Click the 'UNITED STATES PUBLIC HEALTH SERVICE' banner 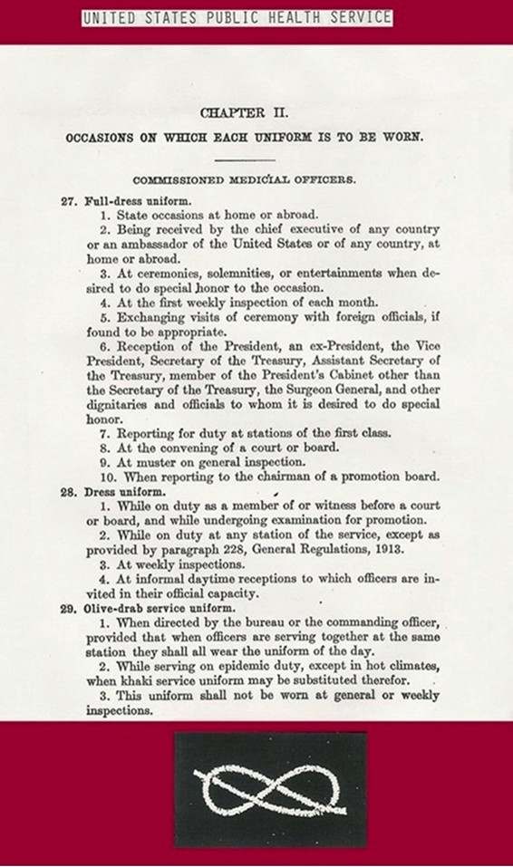click(237, 17)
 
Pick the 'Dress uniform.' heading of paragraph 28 click(115, 491)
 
